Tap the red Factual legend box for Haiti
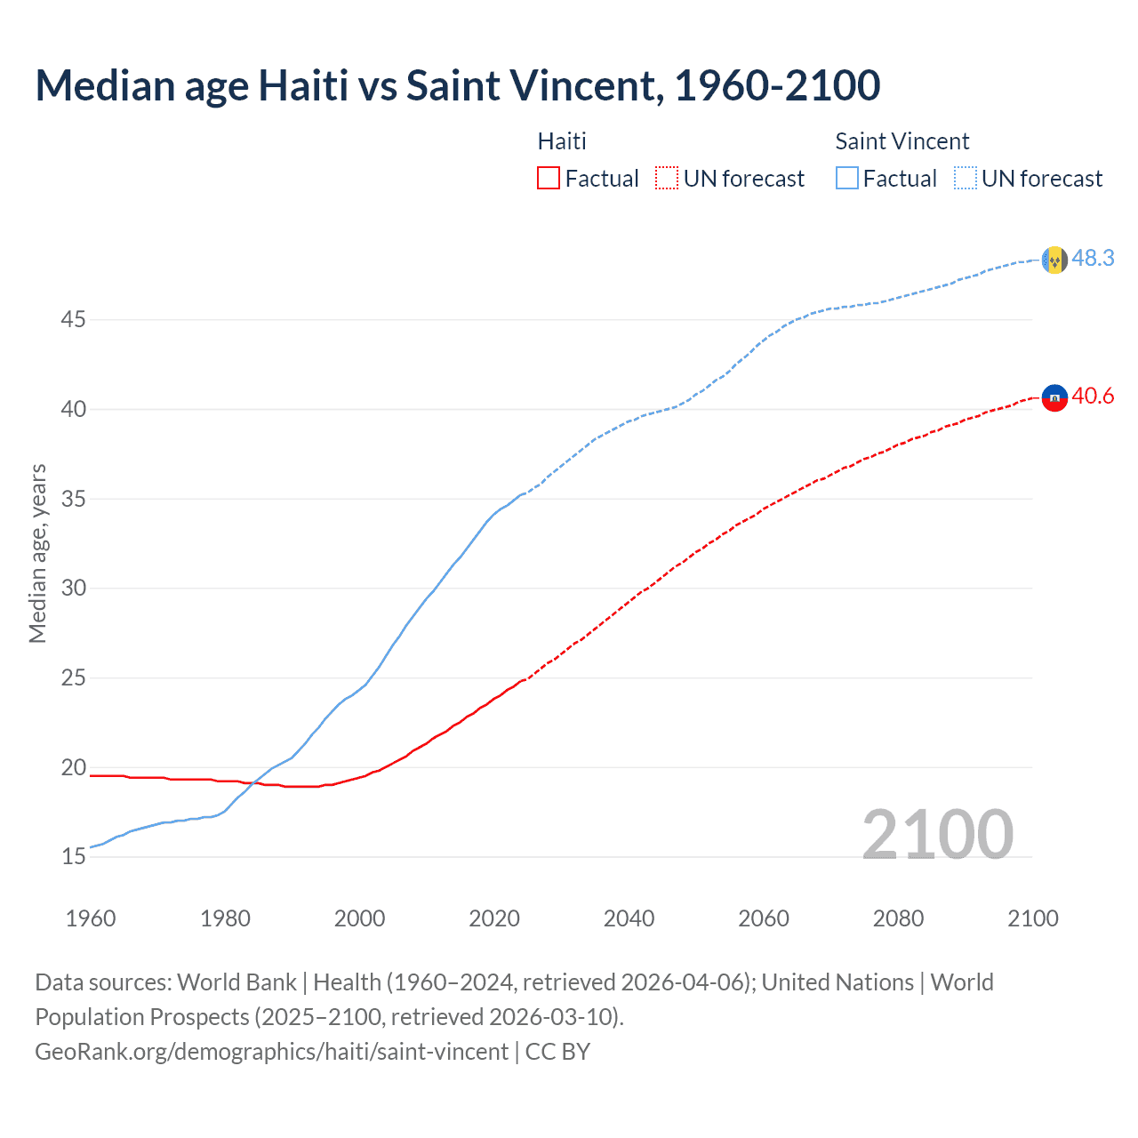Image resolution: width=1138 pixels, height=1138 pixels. tap(549, 178)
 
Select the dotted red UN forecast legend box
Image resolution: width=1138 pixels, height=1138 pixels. tap(667, 178)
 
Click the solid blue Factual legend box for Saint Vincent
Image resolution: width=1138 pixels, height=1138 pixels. tap(847, 178)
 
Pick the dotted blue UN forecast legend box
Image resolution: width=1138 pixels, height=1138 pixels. tap(966, 178)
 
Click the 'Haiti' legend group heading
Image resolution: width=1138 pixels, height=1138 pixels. tap(562, 141)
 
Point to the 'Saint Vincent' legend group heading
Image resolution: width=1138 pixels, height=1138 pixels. tap(902, 141)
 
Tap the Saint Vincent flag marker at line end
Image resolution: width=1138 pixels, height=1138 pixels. tap(1054, 260)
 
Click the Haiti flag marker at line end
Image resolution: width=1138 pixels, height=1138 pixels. tap(1054, 397)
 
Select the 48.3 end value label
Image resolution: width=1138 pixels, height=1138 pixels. tap(1093, 258)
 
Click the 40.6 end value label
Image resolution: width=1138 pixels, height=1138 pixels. tap(1093, 396)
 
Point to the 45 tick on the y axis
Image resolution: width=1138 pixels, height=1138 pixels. tap(73, 319)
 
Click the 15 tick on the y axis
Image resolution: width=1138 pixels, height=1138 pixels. tap(73, 857)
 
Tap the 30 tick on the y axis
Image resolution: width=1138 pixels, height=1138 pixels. tap(73, 588)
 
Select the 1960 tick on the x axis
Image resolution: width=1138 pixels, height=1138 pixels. tap(91, 918)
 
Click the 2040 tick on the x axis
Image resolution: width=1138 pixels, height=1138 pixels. tap(629, 918)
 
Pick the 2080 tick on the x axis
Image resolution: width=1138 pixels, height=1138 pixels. tap(898, 918)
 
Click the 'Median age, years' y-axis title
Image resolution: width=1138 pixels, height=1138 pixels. tap(37, 553)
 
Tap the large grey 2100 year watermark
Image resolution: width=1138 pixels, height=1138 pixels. tap(937, 834)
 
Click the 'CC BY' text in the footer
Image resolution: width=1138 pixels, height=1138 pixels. tap(557, 1052)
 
